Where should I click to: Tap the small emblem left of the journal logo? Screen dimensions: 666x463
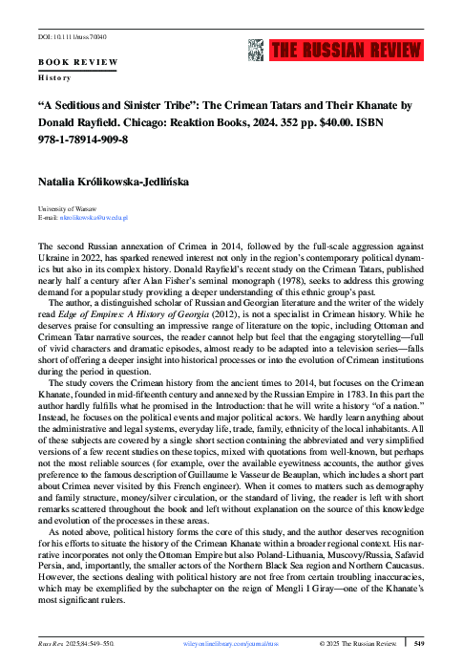[x=254, y=51]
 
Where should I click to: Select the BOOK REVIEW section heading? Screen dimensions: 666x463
[x=77, y=61]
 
